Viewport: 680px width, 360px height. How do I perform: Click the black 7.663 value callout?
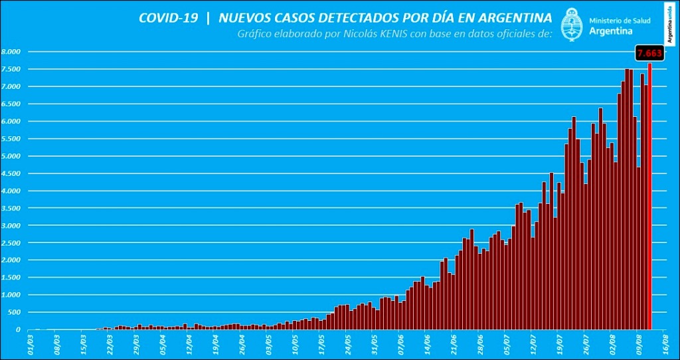click(x=649, y=53)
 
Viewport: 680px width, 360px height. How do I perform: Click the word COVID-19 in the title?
click(x=168, y=18)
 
